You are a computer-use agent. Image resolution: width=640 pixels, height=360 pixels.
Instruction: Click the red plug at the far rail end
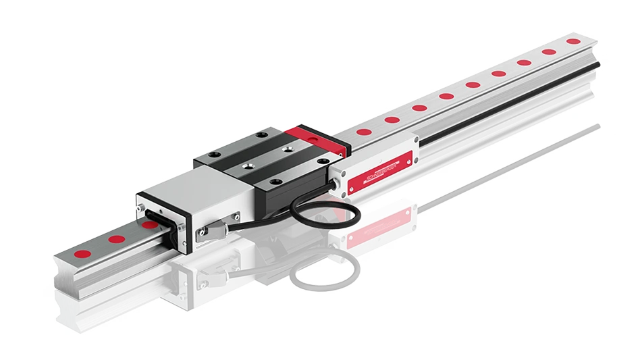(x=572, y=41)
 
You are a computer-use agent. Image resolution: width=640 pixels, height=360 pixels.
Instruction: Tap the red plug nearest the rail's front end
(x=82, y=253)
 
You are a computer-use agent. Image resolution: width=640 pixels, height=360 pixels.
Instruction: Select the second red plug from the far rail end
(x=548, y=51)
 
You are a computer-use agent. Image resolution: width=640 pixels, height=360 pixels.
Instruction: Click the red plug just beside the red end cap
(x=363, y=132)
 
